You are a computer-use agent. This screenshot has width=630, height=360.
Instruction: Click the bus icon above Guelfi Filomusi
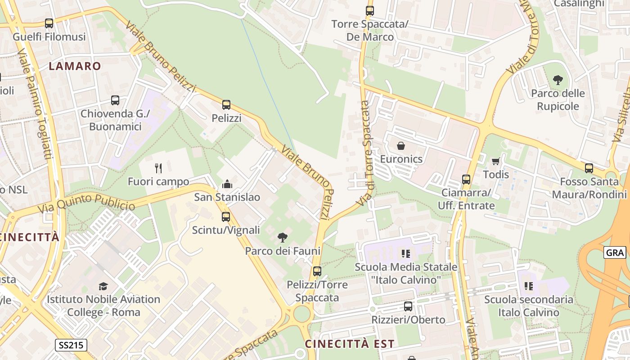(x=49, y=23)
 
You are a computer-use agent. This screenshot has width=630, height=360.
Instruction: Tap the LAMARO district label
(x=75, y=66)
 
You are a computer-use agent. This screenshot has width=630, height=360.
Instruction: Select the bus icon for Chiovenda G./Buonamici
(x=115, y=100)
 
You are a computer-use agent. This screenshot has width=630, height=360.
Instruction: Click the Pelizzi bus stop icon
(x=226, y=105)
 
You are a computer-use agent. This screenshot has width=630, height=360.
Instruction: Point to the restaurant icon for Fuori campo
(x=158, y=168)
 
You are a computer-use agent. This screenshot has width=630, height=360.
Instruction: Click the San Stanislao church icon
(x=227, y=184)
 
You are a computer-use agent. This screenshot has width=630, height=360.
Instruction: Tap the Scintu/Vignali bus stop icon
(x=226, y=217)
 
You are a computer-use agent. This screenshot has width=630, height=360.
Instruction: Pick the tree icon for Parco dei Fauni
(x=283, y=238)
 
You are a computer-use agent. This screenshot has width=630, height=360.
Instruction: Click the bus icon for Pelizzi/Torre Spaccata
(x=317, y=271)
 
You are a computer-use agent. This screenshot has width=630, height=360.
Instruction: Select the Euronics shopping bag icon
(x=401, y=146)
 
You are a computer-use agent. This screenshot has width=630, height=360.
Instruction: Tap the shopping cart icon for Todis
(x=496, y=161)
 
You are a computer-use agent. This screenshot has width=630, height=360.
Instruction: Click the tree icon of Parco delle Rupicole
(x=558, y=81)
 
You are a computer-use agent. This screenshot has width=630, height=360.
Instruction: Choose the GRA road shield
(x=615, y=253)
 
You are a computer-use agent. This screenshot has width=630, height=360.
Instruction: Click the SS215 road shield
(x=71, y=346)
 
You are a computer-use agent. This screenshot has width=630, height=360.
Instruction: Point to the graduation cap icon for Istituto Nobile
(x=103, y=286)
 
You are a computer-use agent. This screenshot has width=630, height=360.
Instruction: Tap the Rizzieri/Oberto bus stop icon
(x=408, y=306)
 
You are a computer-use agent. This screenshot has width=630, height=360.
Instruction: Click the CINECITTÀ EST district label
(x=350, y=344)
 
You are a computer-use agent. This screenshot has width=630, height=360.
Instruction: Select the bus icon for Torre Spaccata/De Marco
(x=370, y=11)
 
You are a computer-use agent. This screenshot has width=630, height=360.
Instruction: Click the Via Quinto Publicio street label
(x=86, y=203)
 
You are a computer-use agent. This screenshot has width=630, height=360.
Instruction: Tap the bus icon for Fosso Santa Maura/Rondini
(x=589, y=168)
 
